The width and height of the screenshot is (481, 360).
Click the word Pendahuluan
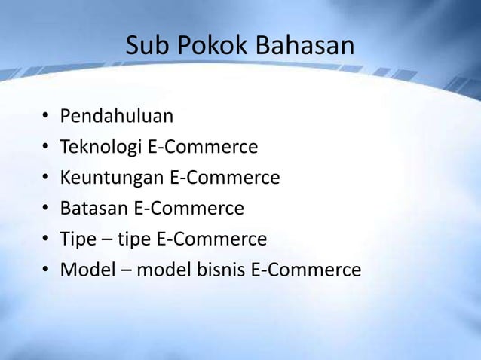pos(117,117)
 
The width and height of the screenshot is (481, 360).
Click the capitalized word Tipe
pos(78,239)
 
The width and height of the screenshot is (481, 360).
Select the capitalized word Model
pos(84,270)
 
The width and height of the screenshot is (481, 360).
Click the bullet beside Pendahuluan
pos(45,117)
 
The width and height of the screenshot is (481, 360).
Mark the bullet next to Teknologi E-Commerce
pos(45,148)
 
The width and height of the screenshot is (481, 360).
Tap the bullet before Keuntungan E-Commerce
pos(45,178)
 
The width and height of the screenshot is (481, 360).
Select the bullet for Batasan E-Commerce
pos(45,209)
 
